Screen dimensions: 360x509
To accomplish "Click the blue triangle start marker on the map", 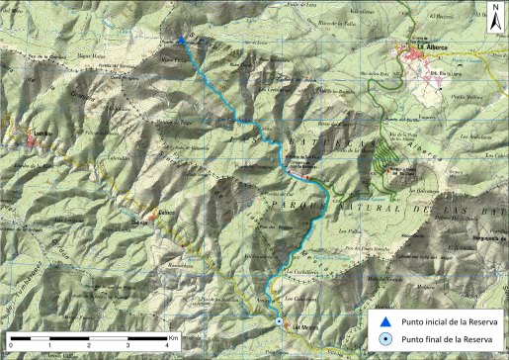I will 183,41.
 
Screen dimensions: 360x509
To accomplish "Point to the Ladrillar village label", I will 39,135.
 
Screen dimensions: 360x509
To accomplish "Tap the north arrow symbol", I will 494,19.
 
